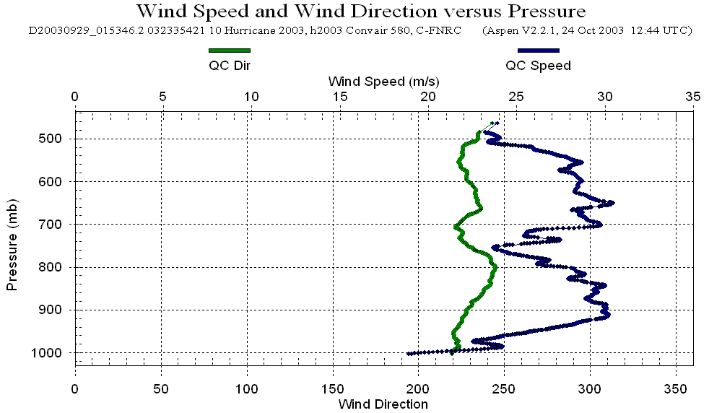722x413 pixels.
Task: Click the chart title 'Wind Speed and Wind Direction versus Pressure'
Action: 360,12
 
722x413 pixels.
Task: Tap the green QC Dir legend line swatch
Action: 229,51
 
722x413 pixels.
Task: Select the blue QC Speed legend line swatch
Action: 538,51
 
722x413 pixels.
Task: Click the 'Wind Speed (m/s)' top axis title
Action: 383,80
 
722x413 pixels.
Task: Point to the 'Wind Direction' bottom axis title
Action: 383,404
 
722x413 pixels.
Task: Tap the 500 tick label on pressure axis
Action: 56,139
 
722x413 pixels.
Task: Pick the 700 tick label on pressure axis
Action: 56,225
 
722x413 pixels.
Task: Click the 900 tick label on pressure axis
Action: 56,310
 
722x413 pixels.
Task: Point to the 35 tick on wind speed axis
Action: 693,96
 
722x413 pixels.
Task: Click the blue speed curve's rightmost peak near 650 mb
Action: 612,203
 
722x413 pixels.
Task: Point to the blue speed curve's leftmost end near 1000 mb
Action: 409,353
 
